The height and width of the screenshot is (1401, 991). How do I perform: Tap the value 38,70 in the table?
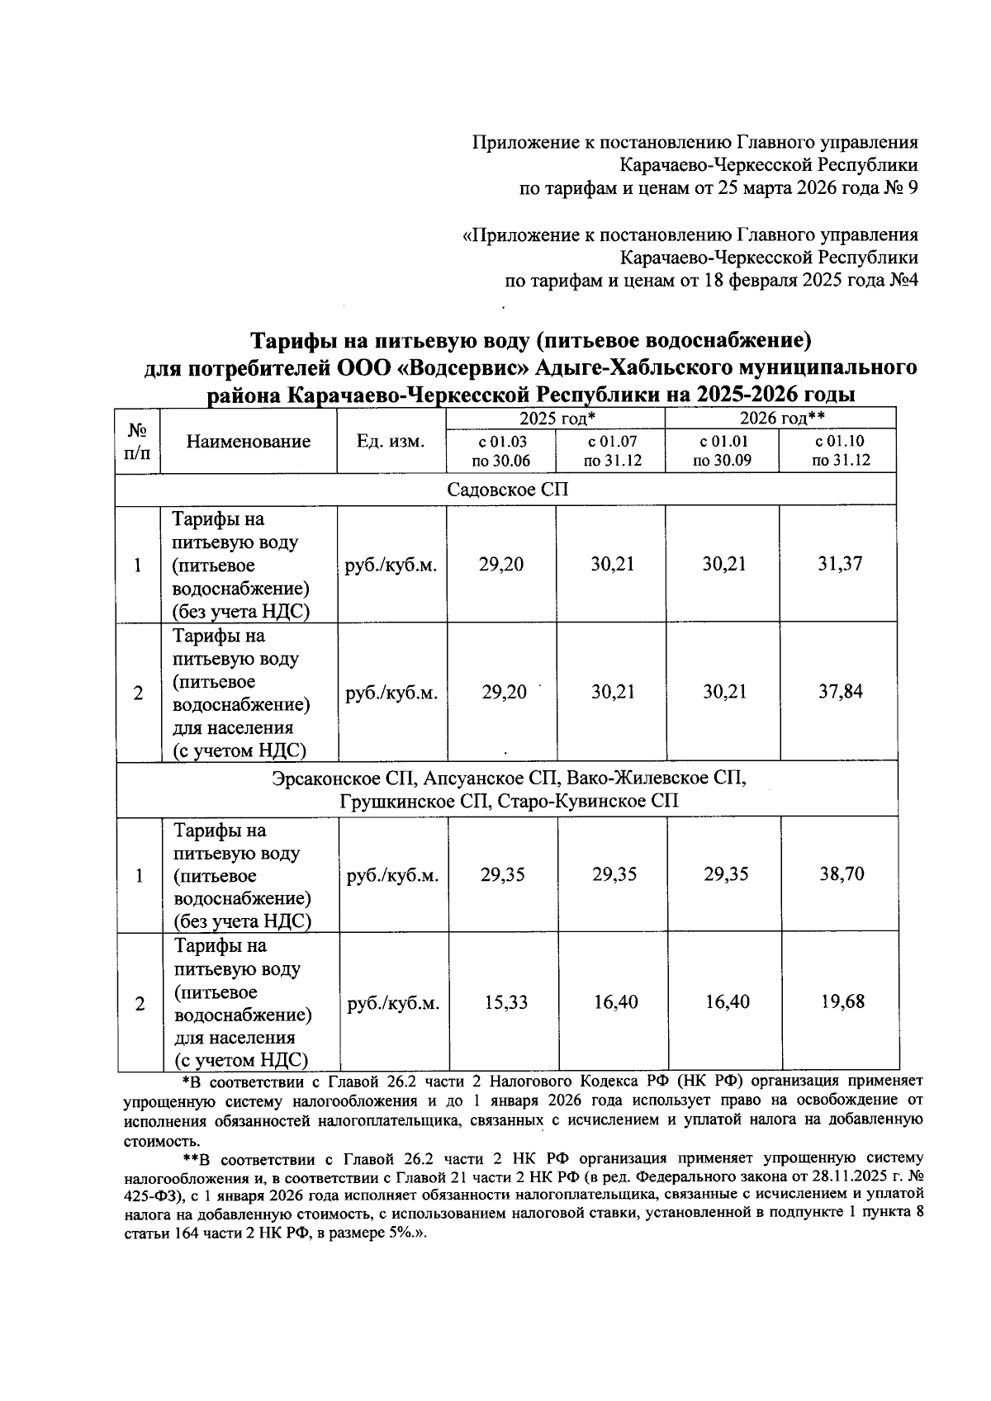(x=842, y=874)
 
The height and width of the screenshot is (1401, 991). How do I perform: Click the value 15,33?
(x=504, y=1002)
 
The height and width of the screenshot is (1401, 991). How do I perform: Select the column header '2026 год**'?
(x=782, y=419)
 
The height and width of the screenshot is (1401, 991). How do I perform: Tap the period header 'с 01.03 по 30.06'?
(x=500, y=451)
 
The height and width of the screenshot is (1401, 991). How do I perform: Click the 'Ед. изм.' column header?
(x=391, y=442)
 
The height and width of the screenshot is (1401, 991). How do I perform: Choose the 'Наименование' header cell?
(x=249, y=442)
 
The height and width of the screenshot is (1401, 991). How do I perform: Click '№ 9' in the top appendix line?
(x=901, y=188)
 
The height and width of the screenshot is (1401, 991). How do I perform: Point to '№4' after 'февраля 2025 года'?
(x=903, y=281)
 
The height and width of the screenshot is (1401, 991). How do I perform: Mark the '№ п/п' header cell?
(x=138, y=442)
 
